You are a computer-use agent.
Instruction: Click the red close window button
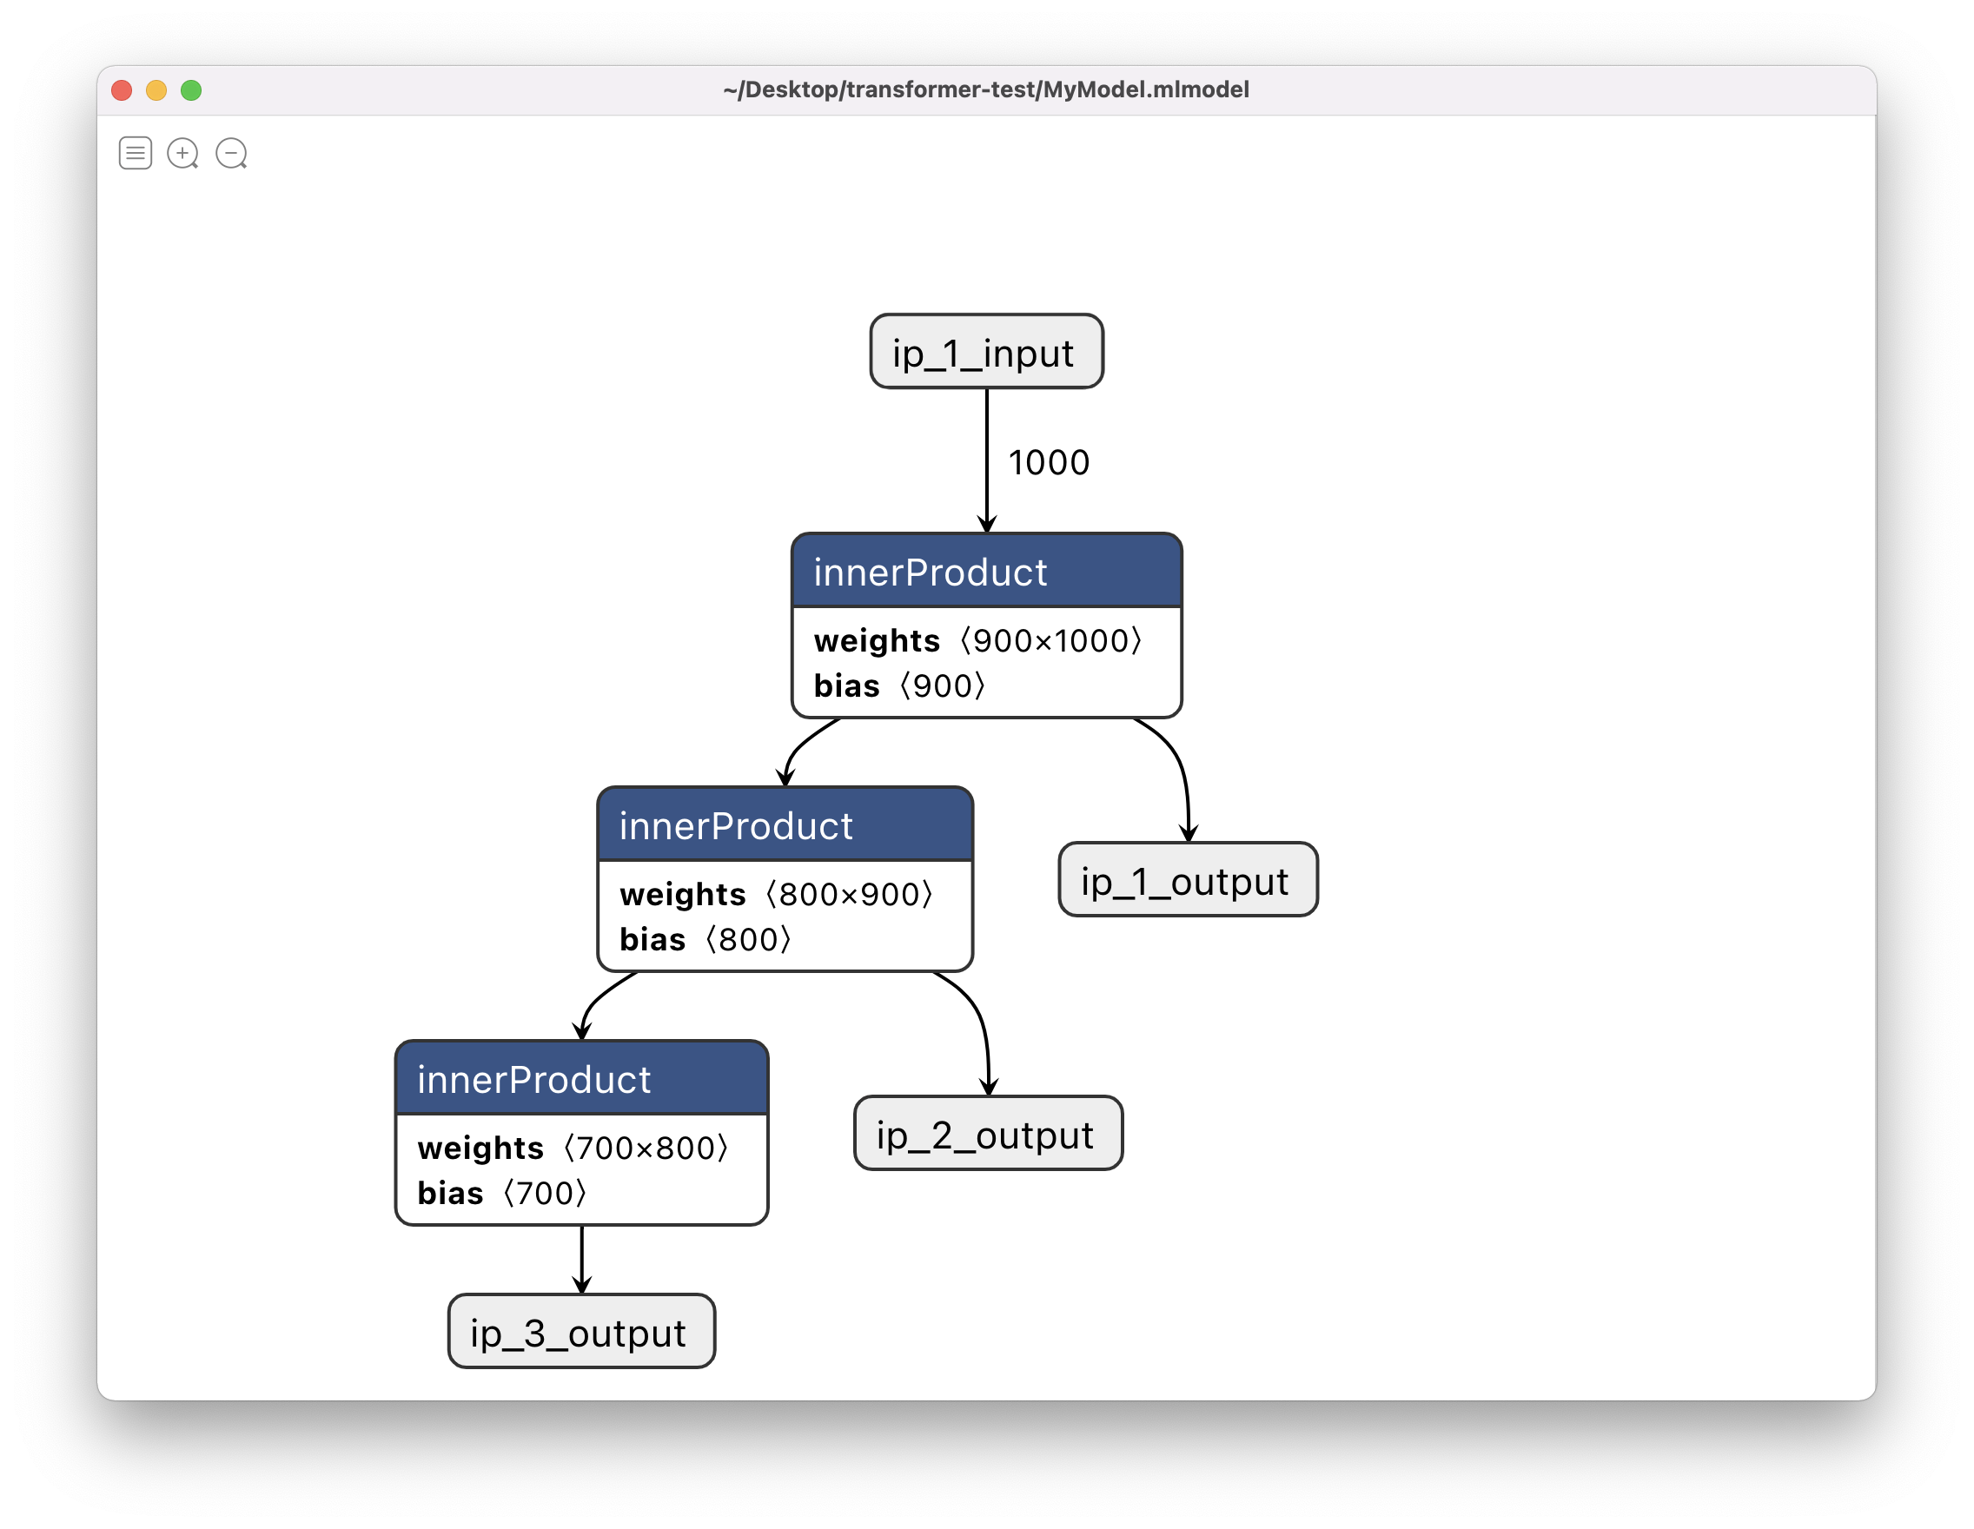122,90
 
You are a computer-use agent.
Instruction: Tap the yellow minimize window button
156,90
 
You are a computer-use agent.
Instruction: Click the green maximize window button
191,90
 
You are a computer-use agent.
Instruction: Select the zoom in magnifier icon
182,153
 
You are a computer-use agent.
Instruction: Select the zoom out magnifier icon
231,153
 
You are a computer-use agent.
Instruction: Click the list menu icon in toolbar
136,153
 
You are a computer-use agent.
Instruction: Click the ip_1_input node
986,353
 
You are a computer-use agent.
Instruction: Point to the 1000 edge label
1049,463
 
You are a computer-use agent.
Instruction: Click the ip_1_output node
1188,880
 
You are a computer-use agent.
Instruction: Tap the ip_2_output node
988,1134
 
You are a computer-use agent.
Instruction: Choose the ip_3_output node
581,1332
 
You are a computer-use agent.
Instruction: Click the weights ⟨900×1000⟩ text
978,640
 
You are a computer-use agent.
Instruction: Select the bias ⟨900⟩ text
899,686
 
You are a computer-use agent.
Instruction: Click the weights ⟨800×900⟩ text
776,895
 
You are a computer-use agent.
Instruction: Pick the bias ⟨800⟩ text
705,940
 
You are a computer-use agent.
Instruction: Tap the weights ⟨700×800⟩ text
573,1148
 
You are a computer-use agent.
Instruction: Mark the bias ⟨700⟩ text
501,1194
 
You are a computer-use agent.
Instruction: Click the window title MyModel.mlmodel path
985,90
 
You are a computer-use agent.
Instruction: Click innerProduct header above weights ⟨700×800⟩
581,1079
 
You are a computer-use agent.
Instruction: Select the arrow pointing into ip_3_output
581,1261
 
